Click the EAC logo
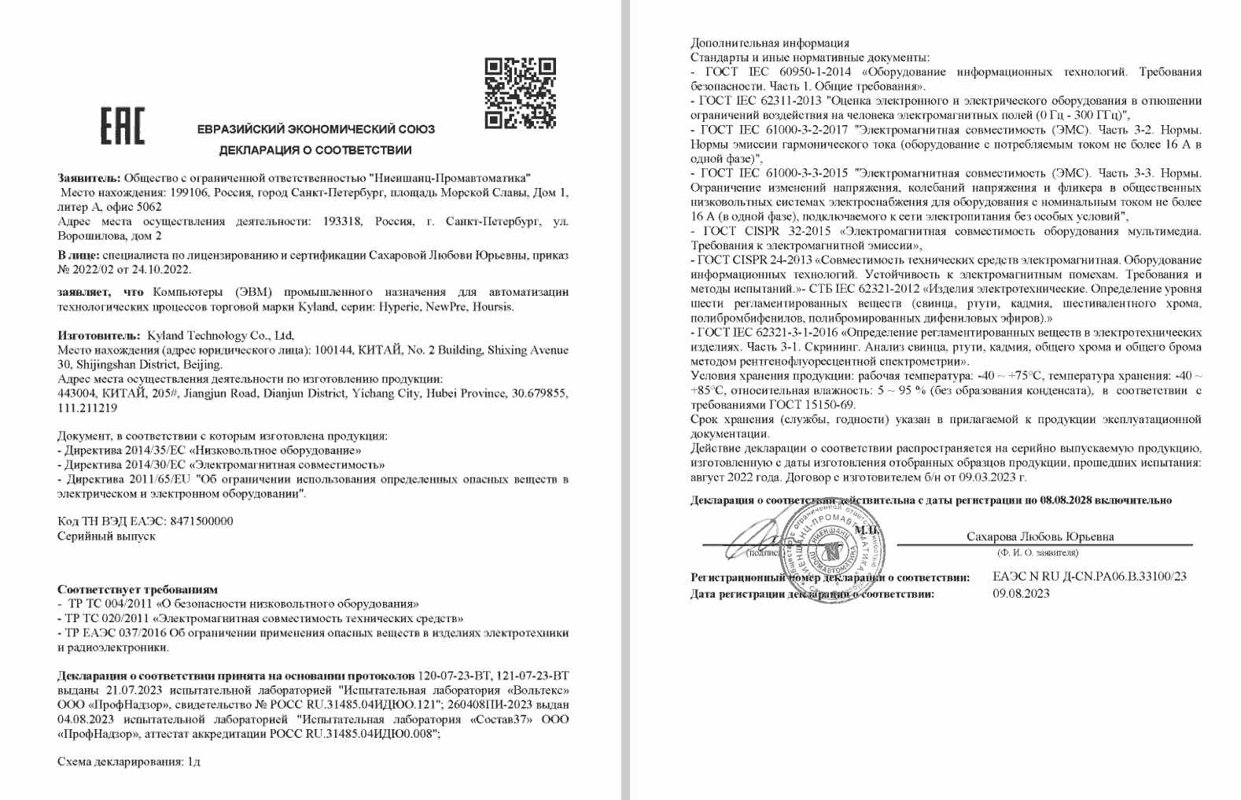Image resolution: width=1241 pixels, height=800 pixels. click(x=122, y=126)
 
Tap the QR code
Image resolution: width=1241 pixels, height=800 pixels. click(x=520, y=93)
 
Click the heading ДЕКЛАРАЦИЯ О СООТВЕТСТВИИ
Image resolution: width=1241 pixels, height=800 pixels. click(x=315, y=150)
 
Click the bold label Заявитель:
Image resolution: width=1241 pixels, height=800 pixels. click(x=90, y=178)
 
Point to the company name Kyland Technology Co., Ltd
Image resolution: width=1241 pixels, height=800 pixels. click(x=221, y=335)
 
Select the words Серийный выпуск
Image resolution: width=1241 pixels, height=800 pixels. click(x=106, y=536)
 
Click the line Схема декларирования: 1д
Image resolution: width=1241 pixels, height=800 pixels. click(x=129, y=762)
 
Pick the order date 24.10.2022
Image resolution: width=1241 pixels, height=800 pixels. click(x=162, y=270)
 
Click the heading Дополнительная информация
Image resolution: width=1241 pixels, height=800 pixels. click(x=769, y=43)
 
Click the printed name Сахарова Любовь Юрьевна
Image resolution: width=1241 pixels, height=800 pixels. click(x=1040, y=536)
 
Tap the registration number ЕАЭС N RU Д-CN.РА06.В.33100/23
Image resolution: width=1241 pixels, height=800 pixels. click(x=1090, y=577)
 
